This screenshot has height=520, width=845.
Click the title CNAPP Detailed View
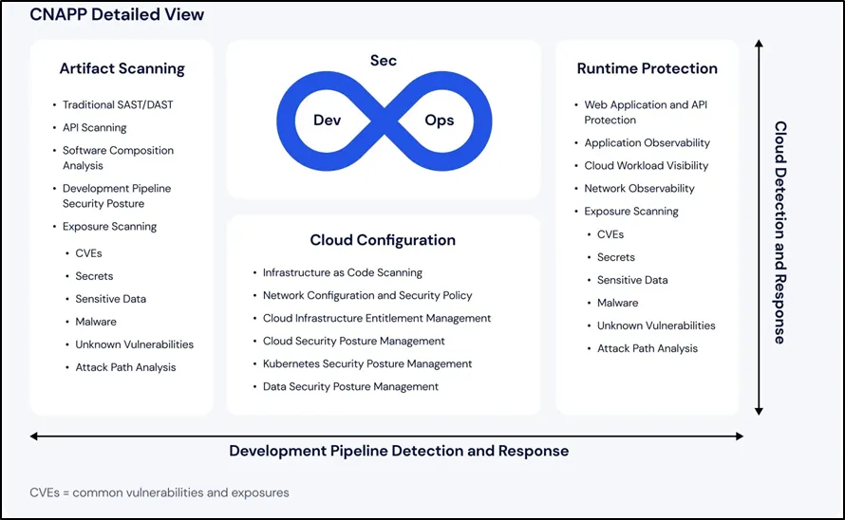click(117, 15)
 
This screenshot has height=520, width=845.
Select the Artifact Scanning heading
click(122, 68)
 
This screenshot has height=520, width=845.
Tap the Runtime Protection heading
click(647, 68)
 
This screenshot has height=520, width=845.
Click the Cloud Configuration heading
click(383, 240)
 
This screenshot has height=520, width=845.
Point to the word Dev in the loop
click(328, 121)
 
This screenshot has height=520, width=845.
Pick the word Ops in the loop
click(440, 121)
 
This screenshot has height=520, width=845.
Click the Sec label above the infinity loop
click(383, 61)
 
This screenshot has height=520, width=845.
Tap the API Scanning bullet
click(94, 127)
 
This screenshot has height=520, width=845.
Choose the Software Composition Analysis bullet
click(118, 158)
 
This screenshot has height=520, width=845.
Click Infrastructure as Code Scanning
click(343, 272)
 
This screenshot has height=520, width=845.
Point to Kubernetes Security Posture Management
click(367, 363)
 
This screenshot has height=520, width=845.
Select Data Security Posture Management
click(350, 386)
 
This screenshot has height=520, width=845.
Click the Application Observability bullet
click(647, 142)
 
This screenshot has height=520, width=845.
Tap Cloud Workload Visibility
click(646, 165)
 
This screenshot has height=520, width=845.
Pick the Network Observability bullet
click(639, 188)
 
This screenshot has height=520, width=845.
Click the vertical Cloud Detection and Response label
click(779, 232)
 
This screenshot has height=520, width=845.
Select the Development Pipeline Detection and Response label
click(399, 451)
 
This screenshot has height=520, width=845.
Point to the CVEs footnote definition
click(160, 492)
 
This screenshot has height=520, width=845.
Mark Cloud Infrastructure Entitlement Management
click(377, 318)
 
